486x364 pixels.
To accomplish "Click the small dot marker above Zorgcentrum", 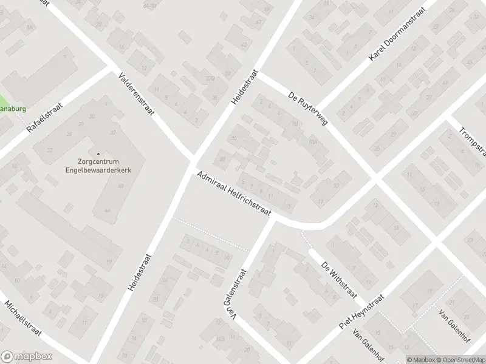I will [98, 153].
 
